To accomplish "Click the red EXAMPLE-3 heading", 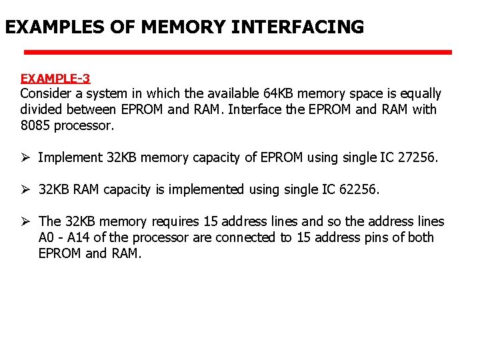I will [x=55, y=79].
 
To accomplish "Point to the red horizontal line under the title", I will [x=238, y=52].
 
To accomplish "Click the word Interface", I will [x=255, y=109].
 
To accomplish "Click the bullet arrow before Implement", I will [x=25, y=157].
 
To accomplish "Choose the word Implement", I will [x=70, y=157].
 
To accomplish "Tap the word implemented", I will [x=205, y=189].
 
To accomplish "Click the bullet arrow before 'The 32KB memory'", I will [x=25, y=221].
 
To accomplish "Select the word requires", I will [x=177, y=221].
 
